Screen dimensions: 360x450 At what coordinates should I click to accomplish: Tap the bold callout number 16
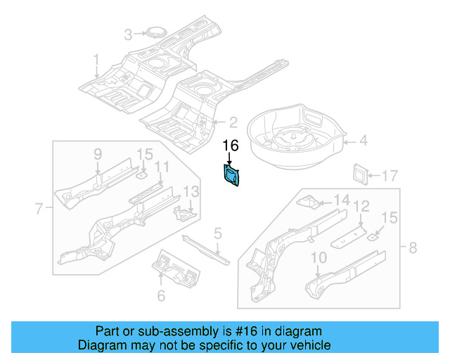coord(231,146)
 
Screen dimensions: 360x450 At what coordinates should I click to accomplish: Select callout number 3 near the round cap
coord(128,34)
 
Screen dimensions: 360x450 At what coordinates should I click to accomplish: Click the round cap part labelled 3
coord(153,32)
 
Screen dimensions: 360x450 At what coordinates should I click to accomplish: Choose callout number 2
coord(232,122)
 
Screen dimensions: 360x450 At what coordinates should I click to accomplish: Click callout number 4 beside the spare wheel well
coord(363,141)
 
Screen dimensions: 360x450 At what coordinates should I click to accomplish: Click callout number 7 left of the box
coord(39,207)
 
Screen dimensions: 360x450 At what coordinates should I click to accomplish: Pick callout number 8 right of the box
coord(412,246)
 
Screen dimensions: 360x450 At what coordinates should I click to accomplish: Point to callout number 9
coord(98,155)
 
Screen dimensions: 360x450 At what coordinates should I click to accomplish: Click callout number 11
coord(162,167)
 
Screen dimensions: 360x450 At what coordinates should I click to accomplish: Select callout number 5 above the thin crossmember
coord(218,233)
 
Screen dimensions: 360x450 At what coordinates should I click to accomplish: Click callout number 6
coord(161,296)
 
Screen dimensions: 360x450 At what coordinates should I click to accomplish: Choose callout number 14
coord(341,200)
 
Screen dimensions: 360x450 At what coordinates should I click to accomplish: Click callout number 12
coord(361,206)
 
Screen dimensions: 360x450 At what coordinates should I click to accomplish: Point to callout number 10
coord(319,258)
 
